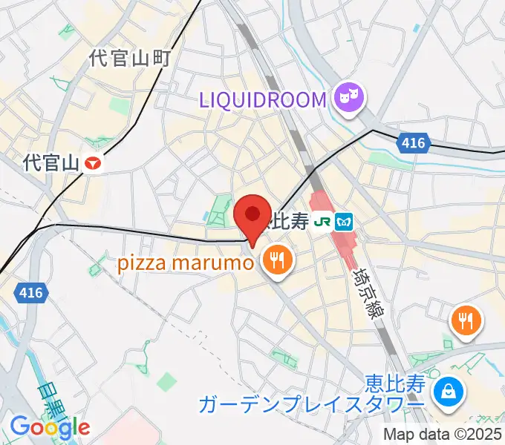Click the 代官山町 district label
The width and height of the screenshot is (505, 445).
point(130,59)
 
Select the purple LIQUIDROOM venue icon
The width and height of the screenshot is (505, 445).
point(347,99)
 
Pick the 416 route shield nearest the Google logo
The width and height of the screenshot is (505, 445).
point(30,294)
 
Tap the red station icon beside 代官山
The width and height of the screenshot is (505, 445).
point(93,162)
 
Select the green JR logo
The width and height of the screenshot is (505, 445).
point(322,221)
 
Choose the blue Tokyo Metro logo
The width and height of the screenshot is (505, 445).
point(344,221)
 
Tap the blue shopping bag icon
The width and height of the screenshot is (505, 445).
point(448,391)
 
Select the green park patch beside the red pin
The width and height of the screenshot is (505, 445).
point(219,211)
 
